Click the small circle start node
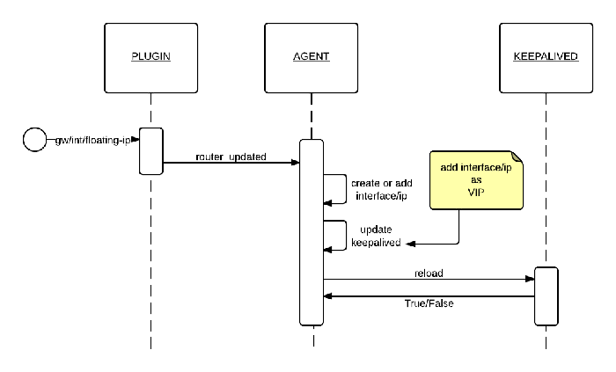tap(34, 139)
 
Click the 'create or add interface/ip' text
tap(378, 190)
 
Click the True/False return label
tap(429, 304)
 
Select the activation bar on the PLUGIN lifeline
tap(150, 150)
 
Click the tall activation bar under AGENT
tap(312, 232)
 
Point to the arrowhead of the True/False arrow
tap(329, 297)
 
